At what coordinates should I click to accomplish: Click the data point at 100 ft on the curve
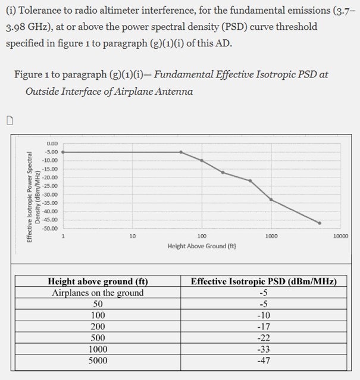click(x=202, y=160)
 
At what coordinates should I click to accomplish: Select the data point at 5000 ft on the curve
click(x=320, y=223)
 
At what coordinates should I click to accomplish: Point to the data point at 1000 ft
click(x=271, y=199)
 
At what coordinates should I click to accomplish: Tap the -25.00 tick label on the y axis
click(x=50, y=186)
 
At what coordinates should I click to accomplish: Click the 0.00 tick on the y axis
click(x=52, y=144)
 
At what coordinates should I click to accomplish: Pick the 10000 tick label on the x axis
click(x=340, y=236)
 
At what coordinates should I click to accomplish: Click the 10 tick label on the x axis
click(x=132, y=236)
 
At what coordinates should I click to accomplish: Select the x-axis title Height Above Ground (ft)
click(x=202, y=245)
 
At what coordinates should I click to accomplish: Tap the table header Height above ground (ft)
click(x=98, y=281)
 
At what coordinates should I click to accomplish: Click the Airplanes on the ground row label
click(x=98, y=292)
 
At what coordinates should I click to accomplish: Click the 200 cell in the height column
click(x=98, y=326)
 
